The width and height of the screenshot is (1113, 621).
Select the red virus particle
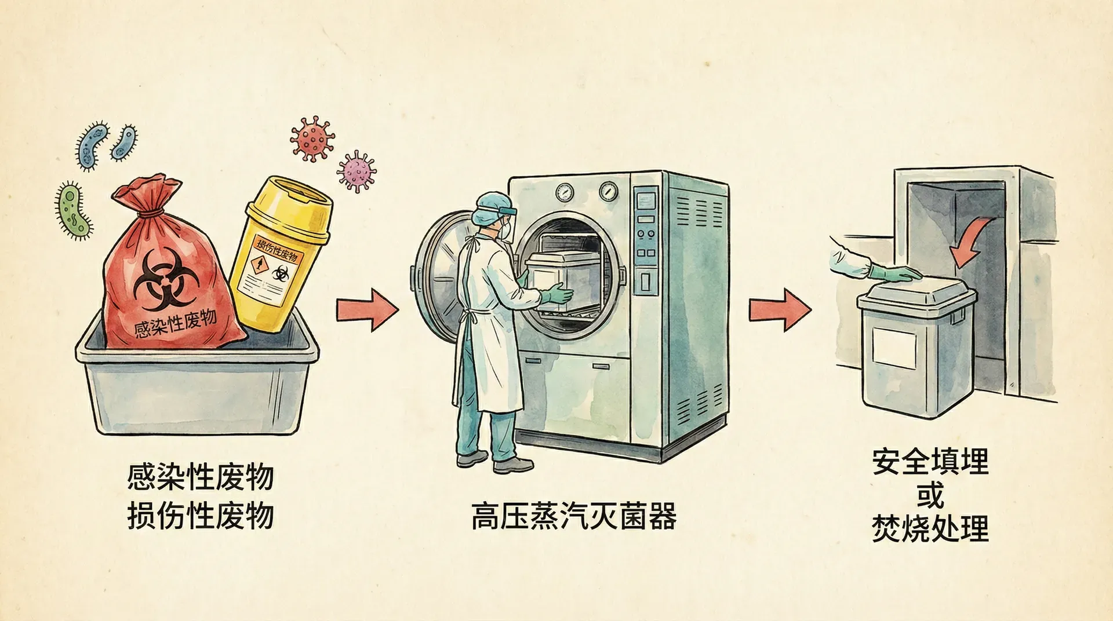click(312, 138)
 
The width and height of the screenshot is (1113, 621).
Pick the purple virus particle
click(356, 171)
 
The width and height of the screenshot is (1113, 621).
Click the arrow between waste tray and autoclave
click(367, 309)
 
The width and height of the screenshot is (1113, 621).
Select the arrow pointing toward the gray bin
click(779, 309)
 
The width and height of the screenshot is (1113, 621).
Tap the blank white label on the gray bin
click(894, 346)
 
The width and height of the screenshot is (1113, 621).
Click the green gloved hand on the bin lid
click(896, 274)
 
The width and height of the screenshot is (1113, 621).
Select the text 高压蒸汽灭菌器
click(573, 516)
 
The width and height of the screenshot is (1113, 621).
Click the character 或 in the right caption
click(930, 494)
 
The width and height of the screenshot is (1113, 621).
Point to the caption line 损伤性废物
click(201, 515)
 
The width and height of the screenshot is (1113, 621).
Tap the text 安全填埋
click(930, 462)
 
